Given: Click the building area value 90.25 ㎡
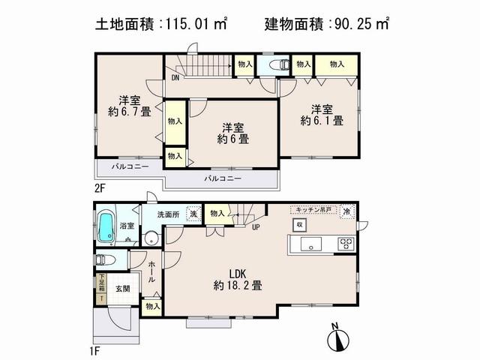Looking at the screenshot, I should click(x=362, y=25).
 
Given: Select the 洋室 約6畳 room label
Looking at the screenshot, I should click(x=234, y=133).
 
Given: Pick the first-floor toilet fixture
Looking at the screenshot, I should click(x=105, y=259).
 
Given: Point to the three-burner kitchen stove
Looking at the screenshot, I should click(x=346, y=243).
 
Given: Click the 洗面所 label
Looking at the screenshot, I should click(x=169, y=214).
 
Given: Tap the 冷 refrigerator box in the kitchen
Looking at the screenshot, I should click(x=346, y=211).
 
